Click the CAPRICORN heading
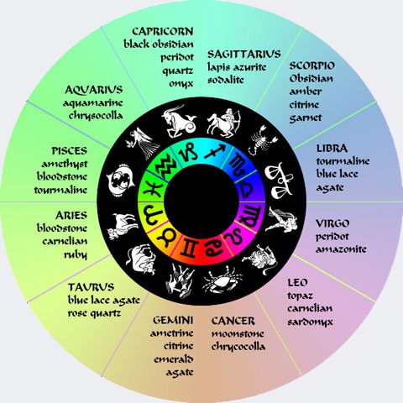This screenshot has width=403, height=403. point(163,31)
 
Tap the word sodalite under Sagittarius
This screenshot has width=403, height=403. point(226,80)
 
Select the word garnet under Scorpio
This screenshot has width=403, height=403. point(306,118)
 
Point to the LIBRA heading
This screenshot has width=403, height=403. point(332,149)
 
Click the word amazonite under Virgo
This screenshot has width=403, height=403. point(341,249)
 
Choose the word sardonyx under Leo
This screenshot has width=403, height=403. point(310,322)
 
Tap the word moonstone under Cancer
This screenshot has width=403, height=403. point(238,334)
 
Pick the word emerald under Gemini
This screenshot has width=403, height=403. point(174,359)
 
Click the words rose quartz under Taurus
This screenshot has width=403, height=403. point(94,314)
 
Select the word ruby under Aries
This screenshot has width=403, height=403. point(76,255)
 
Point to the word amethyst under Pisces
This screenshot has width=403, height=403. point(65,164)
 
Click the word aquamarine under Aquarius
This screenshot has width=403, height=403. point(93,103)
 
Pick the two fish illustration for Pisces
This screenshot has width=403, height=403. point(120,179)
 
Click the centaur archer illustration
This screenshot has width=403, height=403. point(223,123)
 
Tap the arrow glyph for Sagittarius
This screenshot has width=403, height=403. point(215,151)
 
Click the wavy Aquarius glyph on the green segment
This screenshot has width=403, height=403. point(166,168)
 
